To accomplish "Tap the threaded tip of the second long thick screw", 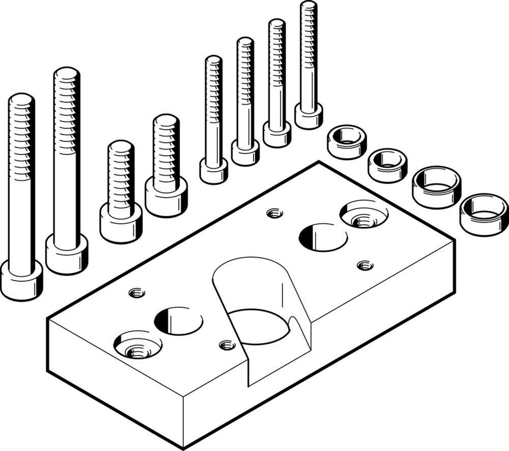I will click(x=67, y=76).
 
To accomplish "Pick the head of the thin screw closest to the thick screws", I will click(x=214, y=171).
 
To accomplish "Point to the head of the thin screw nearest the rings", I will click(x=308, y=116).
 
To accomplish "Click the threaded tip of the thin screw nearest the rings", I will click(x=308, y=10).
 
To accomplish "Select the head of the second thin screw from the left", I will click(x=245, y=153).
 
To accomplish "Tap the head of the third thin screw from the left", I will click(x=277, y=135).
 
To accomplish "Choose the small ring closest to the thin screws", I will click(x=347, y=143).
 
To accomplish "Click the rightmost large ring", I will click(x=484, y=214).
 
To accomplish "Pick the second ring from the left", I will click(x=387, y=165).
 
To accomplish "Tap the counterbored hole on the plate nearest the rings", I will click(x=363, y=215).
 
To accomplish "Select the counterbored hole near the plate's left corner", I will click(x=137, y=347).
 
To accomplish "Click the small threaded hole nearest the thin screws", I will click(x=275, y=213).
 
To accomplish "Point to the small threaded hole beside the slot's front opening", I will click(x=227, y=345).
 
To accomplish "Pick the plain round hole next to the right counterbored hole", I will click(x=323, y=237).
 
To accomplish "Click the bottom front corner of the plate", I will click(x=183, y=447).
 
